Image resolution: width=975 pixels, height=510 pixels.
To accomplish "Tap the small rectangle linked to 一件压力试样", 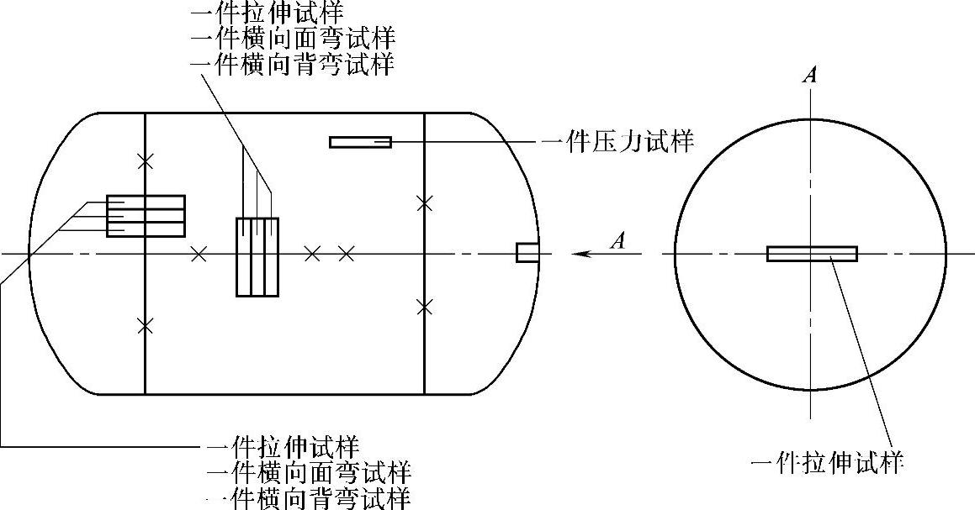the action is tap(360, 142).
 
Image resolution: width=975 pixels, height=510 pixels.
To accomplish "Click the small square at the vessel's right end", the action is tap(527, 252).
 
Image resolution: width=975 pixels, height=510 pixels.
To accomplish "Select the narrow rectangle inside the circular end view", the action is tap(812, 254).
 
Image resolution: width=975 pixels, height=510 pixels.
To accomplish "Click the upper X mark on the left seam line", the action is tap(146, 159).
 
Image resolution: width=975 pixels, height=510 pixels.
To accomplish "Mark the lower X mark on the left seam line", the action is tap(146, 324).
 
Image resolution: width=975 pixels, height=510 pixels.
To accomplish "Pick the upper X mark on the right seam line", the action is tap(425, 202).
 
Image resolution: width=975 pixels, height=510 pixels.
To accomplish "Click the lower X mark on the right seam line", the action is tap(425, 308).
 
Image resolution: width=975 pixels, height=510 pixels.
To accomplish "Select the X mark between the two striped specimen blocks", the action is tap(199, 253).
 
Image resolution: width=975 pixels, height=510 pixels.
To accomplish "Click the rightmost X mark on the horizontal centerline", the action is tap(346, 253).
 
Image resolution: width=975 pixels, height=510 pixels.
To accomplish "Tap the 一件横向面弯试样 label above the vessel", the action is tap(293, 39).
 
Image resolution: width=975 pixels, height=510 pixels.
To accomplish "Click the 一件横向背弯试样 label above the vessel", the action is tap(293, 65).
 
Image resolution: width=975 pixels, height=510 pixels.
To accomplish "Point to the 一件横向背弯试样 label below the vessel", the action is tap(309, 497).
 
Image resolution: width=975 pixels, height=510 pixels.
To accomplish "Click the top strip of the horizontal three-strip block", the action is tap(146, 202).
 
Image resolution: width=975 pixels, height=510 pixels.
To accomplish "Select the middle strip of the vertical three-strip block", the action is tap(257, 256).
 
